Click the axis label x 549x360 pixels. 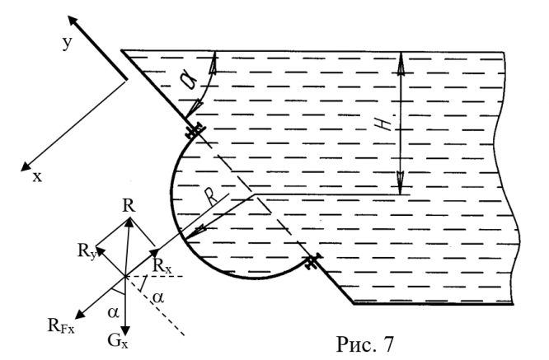[37, 175]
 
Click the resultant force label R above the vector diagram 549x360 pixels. [128, 204]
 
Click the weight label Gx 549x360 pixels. [124, 338]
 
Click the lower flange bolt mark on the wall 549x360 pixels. [312, 264]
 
